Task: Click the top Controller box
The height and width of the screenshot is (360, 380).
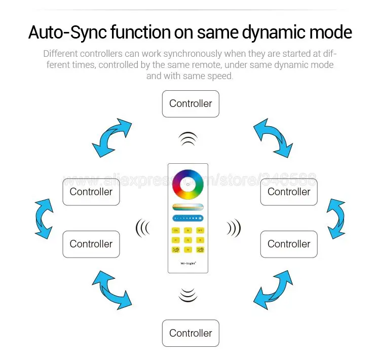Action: (x=191, y=104)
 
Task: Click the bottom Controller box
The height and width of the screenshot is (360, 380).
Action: (x=191, y=333)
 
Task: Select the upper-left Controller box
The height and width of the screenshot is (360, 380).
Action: (x=91, y=192)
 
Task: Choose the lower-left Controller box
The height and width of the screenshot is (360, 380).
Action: (x=91, y=244)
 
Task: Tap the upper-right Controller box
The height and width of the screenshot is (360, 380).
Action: (x=289, y=192)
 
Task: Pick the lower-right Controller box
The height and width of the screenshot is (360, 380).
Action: (x=289, y=244)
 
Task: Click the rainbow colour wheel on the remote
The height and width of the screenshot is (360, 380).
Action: (x=187, y=184)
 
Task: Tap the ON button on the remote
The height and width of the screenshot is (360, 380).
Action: (x=176, y=230)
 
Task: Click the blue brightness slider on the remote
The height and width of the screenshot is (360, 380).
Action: (x=187, y=218)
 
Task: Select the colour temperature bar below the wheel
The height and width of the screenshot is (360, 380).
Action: (x=187, y=206)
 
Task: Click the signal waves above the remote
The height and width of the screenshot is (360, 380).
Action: (x=188, y=138)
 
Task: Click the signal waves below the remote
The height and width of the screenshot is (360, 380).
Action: (x=188, y=294)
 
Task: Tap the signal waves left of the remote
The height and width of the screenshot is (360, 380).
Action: (x=142, y=229)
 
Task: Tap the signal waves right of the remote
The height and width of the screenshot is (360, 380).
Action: (x=234, y=229)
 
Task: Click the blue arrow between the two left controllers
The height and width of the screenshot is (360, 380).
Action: (x=44, y=218)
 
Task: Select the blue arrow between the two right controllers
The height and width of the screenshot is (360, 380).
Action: (x=336, y=218)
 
